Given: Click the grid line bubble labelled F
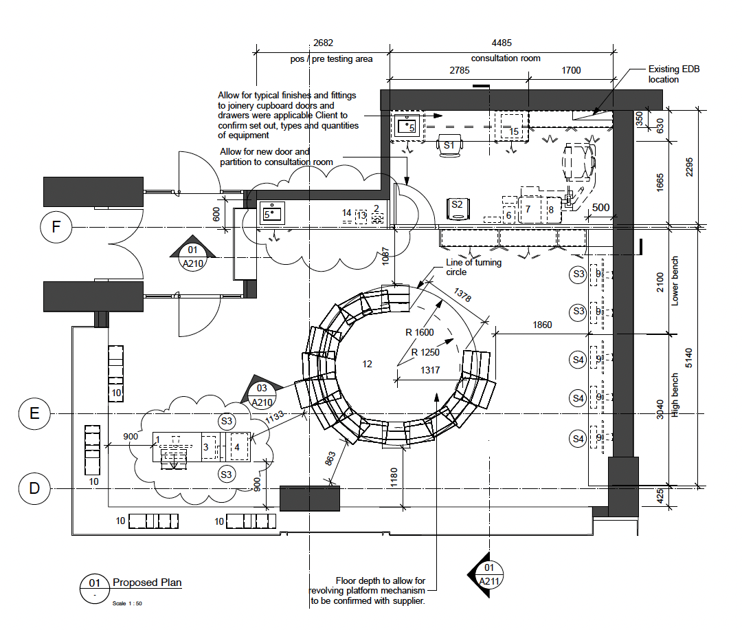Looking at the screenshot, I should [57, 228].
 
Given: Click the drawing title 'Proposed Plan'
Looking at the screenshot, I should [147, 583].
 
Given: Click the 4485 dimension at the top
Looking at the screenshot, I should [501, 43].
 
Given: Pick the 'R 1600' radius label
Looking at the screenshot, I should [420, 332].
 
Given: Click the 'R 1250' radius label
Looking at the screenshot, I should [426, 352].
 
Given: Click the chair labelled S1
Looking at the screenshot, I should [450, 146].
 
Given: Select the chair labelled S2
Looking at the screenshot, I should [457, 204].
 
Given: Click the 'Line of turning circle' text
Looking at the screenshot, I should [474, 267].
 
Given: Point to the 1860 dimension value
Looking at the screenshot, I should [542, 325].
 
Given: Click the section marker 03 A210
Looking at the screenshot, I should [262, 395].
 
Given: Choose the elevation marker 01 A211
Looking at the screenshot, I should [488, 574].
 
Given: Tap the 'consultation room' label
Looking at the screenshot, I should [505, 58].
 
